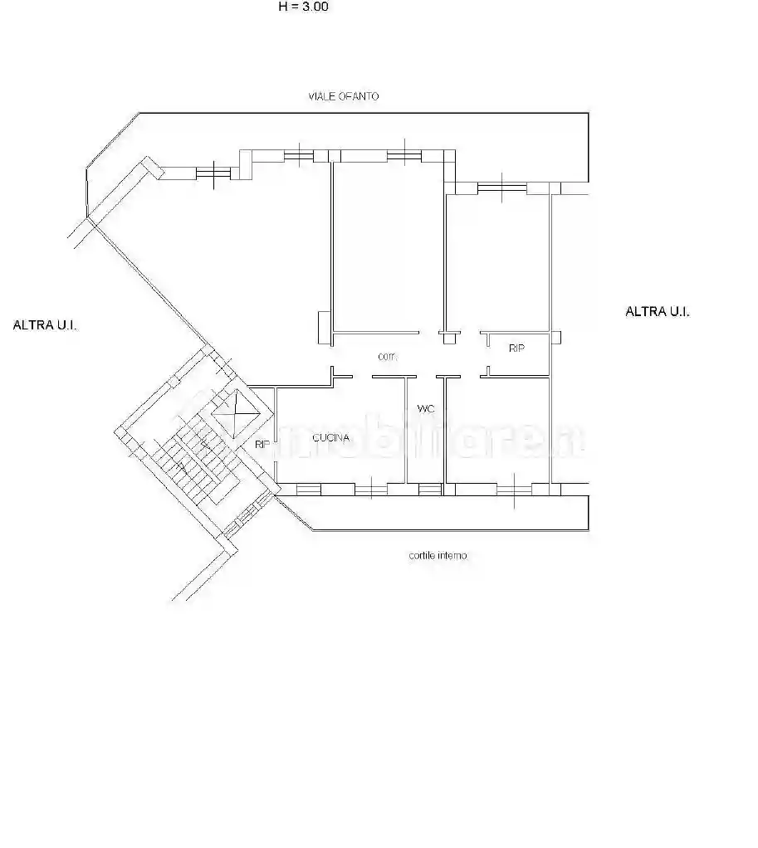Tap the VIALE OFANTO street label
pyautogui.click(x=340, y=96)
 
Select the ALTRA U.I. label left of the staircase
pyautogui.click(x=45, y=325)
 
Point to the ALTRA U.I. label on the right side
pyautogui.click(x=658, y=311)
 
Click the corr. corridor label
pyautogui.click(x=387, y=357)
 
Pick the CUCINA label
pyautogui.click(x=330, y=437)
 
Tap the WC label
pyautogui.click(x=426, y=408)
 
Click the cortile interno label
pyautogui.click(x=438, y=555)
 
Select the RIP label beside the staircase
pyautogui.click(x=262, y=445)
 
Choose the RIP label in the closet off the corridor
pyautogui.click(x=516, y=348)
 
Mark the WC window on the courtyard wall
pyautogui.click(x=429, y=489)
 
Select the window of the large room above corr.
pyautogui.click(x=401, y=154)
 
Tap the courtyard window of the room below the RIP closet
pyautogui.click(x=512, y=489)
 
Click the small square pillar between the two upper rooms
pyautogui.click(x=448, y=337)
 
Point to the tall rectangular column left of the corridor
pyautogui.click(x=323, y=327)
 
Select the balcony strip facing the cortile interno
pyautogui.click(x=448, y=514)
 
